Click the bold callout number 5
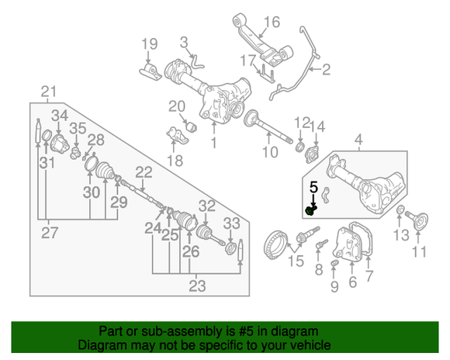click(x=314, y=187)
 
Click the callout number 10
click(x=268, y=153)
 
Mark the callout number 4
click(x=358, y=140)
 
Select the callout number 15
click(x=296, y=261)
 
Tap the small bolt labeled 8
click(x=317, y=247)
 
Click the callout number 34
click(x=60, y=116)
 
